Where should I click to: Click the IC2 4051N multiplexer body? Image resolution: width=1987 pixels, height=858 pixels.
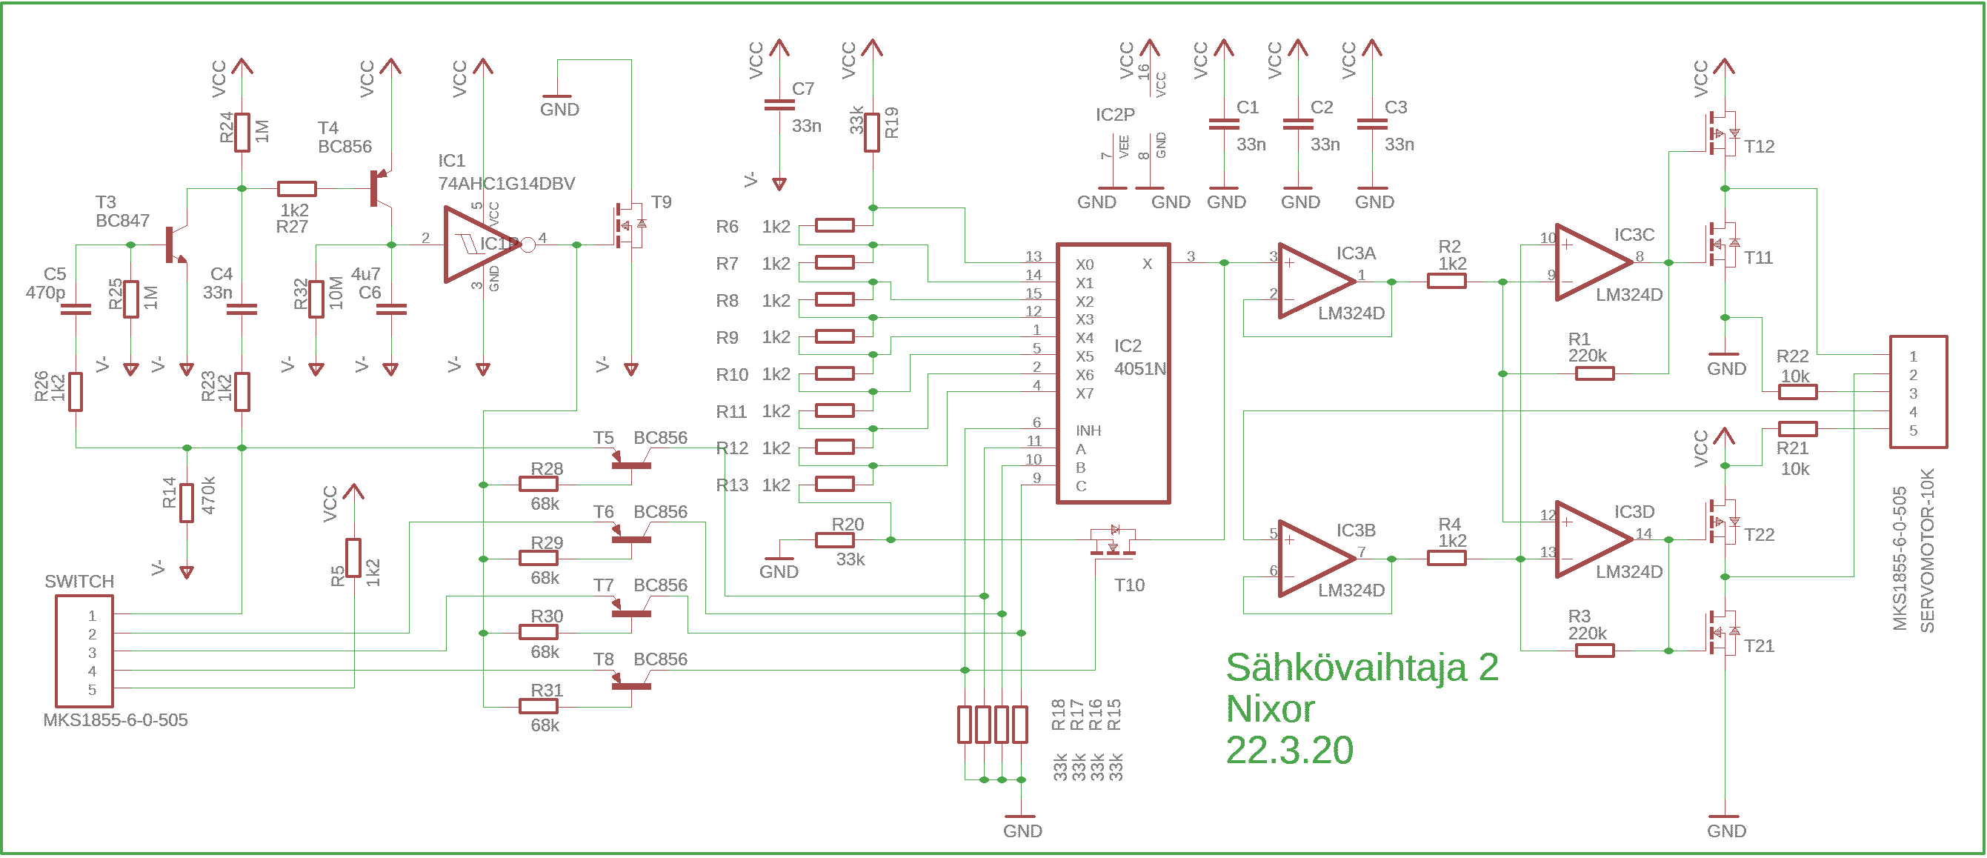[1112, 373]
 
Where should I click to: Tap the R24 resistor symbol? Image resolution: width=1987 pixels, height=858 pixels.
[242, 132]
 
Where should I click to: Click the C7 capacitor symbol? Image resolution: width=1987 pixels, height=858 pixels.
[779, 105]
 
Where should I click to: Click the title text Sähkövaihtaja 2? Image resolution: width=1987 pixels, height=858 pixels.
[1362, 668]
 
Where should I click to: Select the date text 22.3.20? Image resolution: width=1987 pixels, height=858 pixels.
[1289, 750]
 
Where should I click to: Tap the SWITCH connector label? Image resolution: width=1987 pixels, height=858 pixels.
[79, 581]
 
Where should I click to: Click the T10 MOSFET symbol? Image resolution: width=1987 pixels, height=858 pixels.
[1113, 542]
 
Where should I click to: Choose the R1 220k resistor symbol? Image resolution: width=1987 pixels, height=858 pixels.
[1594, 374]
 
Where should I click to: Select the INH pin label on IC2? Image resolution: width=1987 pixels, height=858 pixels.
[1088, 430]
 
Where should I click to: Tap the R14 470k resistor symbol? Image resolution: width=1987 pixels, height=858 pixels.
[187, 503]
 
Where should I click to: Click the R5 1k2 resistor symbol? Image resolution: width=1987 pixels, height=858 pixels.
[353, 558]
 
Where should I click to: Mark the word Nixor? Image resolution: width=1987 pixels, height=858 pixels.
[1270, 709]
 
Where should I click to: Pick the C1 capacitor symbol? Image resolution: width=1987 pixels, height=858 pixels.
[1223, 124]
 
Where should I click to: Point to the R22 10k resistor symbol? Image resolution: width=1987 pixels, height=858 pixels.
[1797, 392]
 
